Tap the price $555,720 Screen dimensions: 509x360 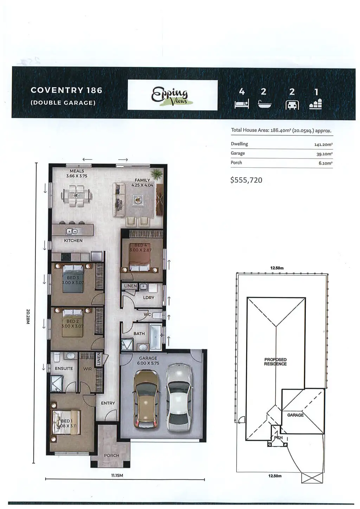[246, 180]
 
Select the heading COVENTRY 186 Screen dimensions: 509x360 [66, 90]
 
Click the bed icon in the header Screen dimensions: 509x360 [242, 104]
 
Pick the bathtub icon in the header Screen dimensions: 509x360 [264, 104]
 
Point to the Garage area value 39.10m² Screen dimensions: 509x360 [324, 154]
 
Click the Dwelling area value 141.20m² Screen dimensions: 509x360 [323, 144]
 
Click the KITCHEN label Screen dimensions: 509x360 [73, 240]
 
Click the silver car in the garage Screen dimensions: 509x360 [178, 397]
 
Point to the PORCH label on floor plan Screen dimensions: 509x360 [111, 455]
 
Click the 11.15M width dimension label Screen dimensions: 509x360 [117, 476]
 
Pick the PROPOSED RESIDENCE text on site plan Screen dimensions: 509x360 [275, 362]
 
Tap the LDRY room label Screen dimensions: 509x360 [149, 297]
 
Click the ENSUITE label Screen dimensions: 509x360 [64, 368]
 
